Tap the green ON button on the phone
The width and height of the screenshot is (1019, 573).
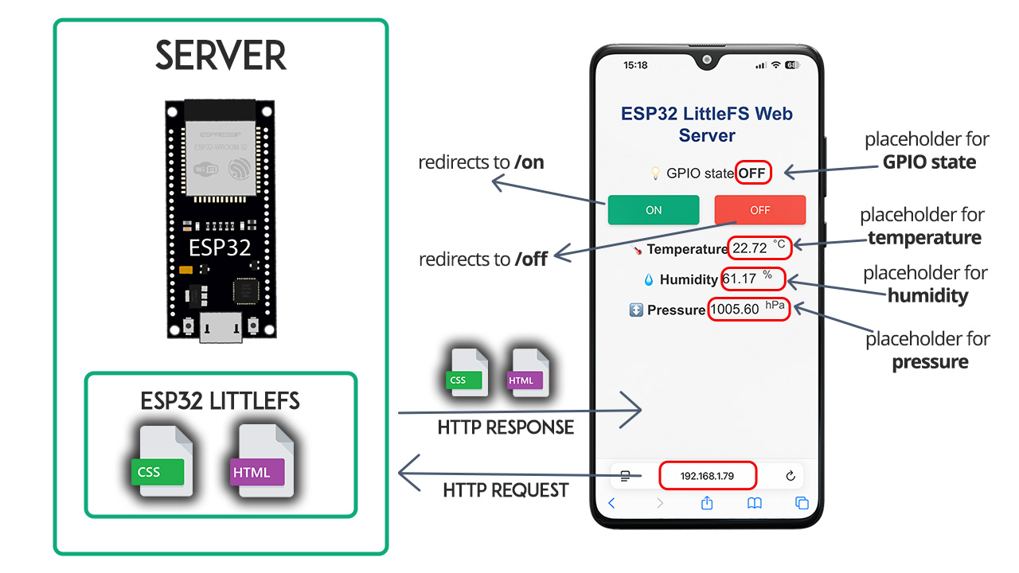653,210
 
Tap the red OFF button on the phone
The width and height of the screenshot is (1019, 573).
759,210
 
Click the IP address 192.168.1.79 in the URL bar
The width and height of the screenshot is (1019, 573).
707,476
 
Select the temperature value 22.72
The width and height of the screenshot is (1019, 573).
750,248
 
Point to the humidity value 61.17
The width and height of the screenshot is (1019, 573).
739,279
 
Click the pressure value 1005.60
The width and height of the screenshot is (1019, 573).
735,310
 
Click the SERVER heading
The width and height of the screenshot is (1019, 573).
221,57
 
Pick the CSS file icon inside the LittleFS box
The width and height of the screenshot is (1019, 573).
162,462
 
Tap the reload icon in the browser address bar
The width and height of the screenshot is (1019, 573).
790,476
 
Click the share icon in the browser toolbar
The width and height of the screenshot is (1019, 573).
706,503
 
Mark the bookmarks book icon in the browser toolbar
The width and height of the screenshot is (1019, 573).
754,503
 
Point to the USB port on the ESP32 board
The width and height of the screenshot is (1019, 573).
221,327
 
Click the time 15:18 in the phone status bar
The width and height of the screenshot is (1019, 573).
635,65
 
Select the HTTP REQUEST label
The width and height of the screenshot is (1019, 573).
506,490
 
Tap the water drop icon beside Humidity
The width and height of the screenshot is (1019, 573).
649,279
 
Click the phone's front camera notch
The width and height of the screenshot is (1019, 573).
706,60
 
